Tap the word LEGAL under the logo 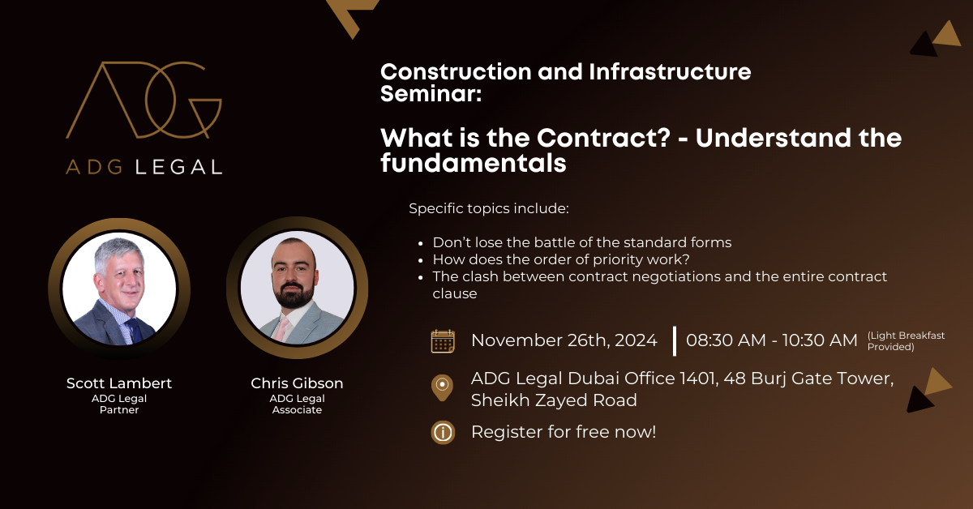pyautogui.click(x=179, y=167)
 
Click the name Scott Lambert pyautogui.click(x=119, y=383)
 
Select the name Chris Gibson pyautogui.click(x=297, y=383)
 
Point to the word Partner pyautogui.click(x=119, y=409)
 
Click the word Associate pyautogui.click(x=297, y=409)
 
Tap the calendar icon pyautogui.click(x=443, y=341)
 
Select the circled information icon pyautogui.click(x=443, y=433)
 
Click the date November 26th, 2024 pyautogui.click(x=564, y=340)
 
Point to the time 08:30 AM pyautogui.click(x=726, y=340)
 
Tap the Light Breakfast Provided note pyautogui.click(x=906, y=341)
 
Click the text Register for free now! pyautogui.click(x=564, y=432)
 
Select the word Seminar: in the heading pyautogui.click(x=431, y=94)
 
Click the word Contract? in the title pyautogui.click(x=604, y=138)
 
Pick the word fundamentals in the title pyautogui.click(x=474, y=163)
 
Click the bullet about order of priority pyautogui.click(x=561, y=259)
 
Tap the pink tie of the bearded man pyautogui.click(x=281, y=329)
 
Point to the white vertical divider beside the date pyautogui.click(x=675, y=341)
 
